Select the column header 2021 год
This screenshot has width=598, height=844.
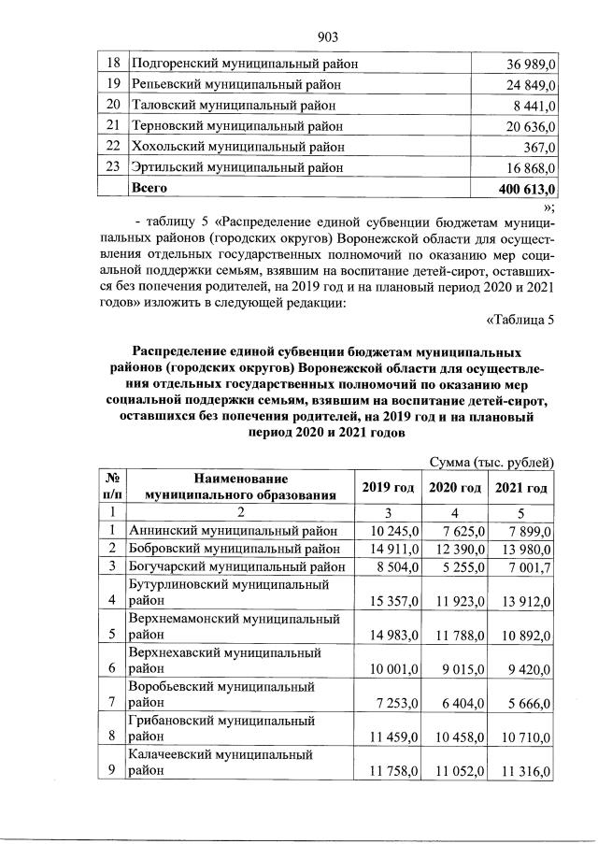point(521,488)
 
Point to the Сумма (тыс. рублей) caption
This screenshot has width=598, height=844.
point(492,463)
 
